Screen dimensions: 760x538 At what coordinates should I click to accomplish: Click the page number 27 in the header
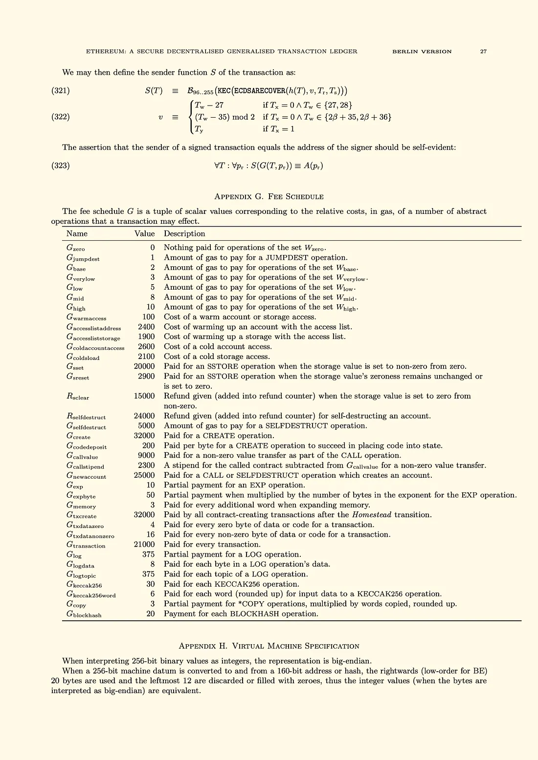tap(483, 51)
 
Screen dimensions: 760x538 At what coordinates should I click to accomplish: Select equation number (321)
tap(61, 90)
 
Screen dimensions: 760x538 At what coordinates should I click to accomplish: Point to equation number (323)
tap(61, 166)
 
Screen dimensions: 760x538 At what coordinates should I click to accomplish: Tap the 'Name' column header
tap(77, 233)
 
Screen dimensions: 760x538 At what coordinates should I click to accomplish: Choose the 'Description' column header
tap(184, 233)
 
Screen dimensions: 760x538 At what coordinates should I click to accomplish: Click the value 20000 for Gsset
tap(144, 366)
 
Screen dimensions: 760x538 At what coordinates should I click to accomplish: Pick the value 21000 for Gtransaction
tap(144, 544)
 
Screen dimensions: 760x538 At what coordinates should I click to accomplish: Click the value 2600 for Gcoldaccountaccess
tap(146, 346)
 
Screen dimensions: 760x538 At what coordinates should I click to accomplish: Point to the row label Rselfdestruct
tap(86, 416)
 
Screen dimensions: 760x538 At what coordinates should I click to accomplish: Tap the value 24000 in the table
tap(144, 416)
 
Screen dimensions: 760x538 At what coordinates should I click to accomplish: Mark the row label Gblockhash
tap(84, 614)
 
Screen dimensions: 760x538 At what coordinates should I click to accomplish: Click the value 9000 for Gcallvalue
tap(146, 455)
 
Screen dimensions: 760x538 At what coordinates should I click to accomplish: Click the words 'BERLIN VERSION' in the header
tap(422, 51)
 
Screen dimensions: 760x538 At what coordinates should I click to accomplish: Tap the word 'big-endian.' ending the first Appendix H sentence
tap(351, 661)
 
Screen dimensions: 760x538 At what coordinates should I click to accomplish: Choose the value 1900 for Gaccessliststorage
tap(146, 337)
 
